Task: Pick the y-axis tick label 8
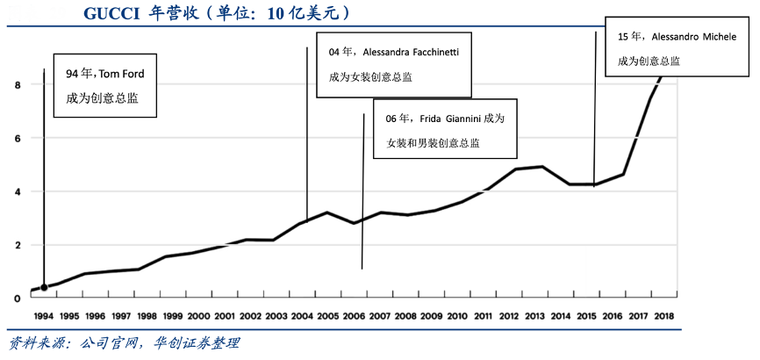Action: click(x=18, y=85)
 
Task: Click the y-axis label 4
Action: click(x=18, y=191)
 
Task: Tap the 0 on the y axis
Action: click(x=18, y=299)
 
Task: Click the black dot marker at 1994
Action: click(x=44, y=287)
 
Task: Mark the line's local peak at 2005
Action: click(x=326, y=212)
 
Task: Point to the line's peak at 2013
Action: click(x=543, y=167)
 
